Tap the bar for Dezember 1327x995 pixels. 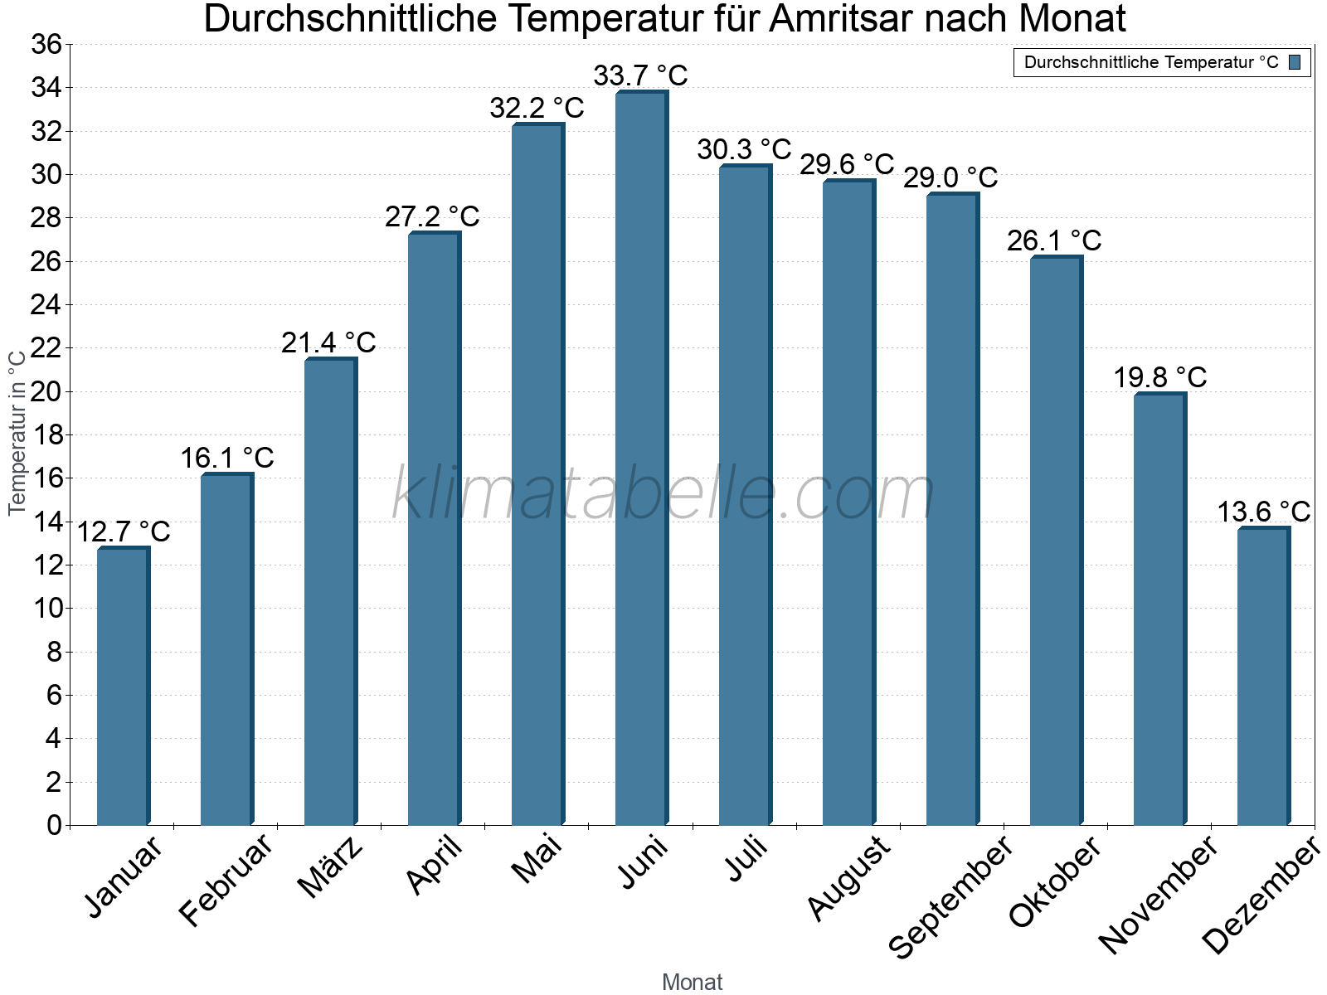pos(1263,677)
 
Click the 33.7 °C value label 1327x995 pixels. pos(640,75)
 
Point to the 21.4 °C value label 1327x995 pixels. pos(328,342)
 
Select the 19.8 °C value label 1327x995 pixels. pos(1159,378)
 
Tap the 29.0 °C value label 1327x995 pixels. pos(950,177)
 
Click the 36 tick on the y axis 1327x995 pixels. pos(46,44)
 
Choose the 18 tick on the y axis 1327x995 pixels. pos(46,434)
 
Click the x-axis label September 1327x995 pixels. pos(950,896)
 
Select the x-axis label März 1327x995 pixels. pos(331,866)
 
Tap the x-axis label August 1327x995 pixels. pos(848,878)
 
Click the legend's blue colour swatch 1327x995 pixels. pos(1295,62)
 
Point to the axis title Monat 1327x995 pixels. pos(693,982)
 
